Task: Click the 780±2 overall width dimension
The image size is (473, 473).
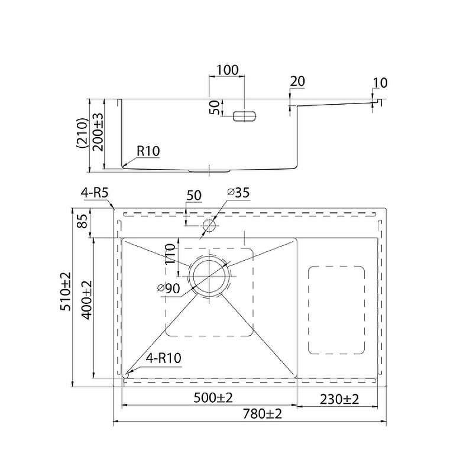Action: click(x=262, y=413)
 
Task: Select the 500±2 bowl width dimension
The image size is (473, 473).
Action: click(x=213, y=398)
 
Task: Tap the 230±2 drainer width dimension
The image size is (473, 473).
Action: click(x=339, y=400)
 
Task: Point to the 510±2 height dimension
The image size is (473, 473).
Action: click(x=66, y=291)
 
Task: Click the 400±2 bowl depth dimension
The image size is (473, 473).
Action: click(x=86, y=300)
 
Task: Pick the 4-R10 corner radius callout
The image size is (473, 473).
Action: click(x=164, y=358)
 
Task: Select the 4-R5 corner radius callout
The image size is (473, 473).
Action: click(x=95, y=193)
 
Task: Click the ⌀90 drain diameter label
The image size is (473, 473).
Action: click(x=169, y=289)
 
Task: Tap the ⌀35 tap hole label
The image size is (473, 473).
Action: click(x=238, y=193)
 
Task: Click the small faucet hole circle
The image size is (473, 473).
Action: click(x=209, y=225)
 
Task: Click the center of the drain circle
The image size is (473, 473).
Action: click(x=209, y=276)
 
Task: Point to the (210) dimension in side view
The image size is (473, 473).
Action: click(x=82, y=133)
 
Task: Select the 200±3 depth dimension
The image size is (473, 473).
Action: click(x=98, y=132)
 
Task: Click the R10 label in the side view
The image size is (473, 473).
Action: click(x=148, y=151)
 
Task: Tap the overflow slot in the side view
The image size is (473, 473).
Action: click(x=244, y=116)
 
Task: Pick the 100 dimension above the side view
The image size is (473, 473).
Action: click(x=228, y=70)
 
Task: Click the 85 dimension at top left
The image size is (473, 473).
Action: click(x=82, y=221)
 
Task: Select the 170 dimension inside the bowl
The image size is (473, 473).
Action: click(x=170, y=254)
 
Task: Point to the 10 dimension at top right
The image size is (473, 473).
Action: click(x=380, y=83)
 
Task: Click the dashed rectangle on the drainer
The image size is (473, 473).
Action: click(x=336, y=310)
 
